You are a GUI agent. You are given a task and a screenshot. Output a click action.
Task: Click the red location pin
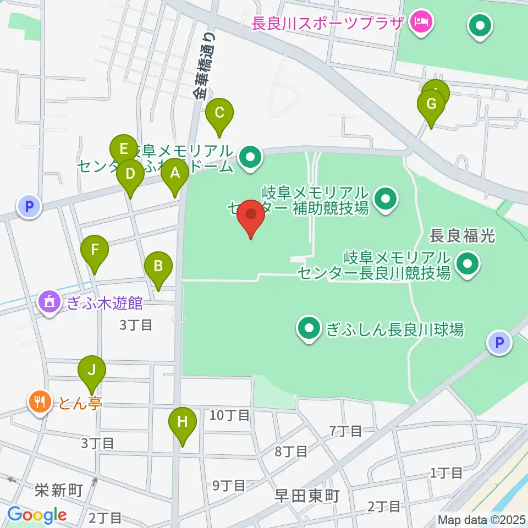pyautogui.click(x=251, y=216)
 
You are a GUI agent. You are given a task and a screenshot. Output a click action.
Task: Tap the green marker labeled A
pyautogui.click(x=175, y=174)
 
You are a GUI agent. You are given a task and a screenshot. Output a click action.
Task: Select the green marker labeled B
pyautogui.click(x=158, y=267)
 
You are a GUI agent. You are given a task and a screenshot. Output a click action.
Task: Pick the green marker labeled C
pyautogui.click(x=219, y=114)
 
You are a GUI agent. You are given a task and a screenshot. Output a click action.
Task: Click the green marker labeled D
pyautogui.click(x=130, y=174)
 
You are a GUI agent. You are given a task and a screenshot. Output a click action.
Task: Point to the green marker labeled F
pyautogui.click(x=95, y=251)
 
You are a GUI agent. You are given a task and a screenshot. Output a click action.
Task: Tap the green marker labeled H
pyautogui.click(x=183, y=422)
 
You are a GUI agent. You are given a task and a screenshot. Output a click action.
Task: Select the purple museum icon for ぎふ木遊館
pyautogui.click(x=50, y=302)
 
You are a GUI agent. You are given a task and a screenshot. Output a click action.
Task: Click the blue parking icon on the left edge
pyautogui.click(x=29, y=207)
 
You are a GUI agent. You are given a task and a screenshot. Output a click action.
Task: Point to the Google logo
pyautogui.click(x=37, y=515)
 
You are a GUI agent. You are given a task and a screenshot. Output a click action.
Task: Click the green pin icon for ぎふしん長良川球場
pyautogui.click(x=309, y=329)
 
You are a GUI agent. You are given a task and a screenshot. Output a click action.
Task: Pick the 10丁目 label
pyautogui.click(x=230, y=415)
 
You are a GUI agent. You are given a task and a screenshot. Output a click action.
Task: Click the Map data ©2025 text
pyautogui.click(x=481, y=519)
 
